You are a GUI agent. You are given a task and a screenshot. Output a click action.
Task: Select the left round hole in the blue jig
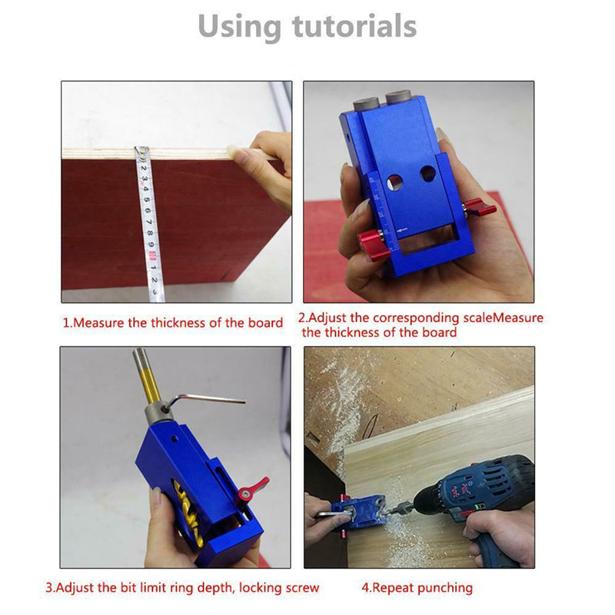(394, 182)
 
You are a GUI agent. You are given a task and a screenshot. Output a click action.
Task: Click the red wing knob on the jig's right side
(481, 208)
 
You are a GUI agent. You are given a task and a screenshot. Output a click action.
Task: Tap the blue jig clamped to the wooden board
(358, 512)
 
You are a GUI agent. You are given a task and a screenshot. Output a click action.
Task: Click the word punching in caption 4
(443, 588)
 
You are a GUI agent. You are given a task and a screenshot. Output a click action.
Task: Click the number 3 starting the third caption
(48, 588)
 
